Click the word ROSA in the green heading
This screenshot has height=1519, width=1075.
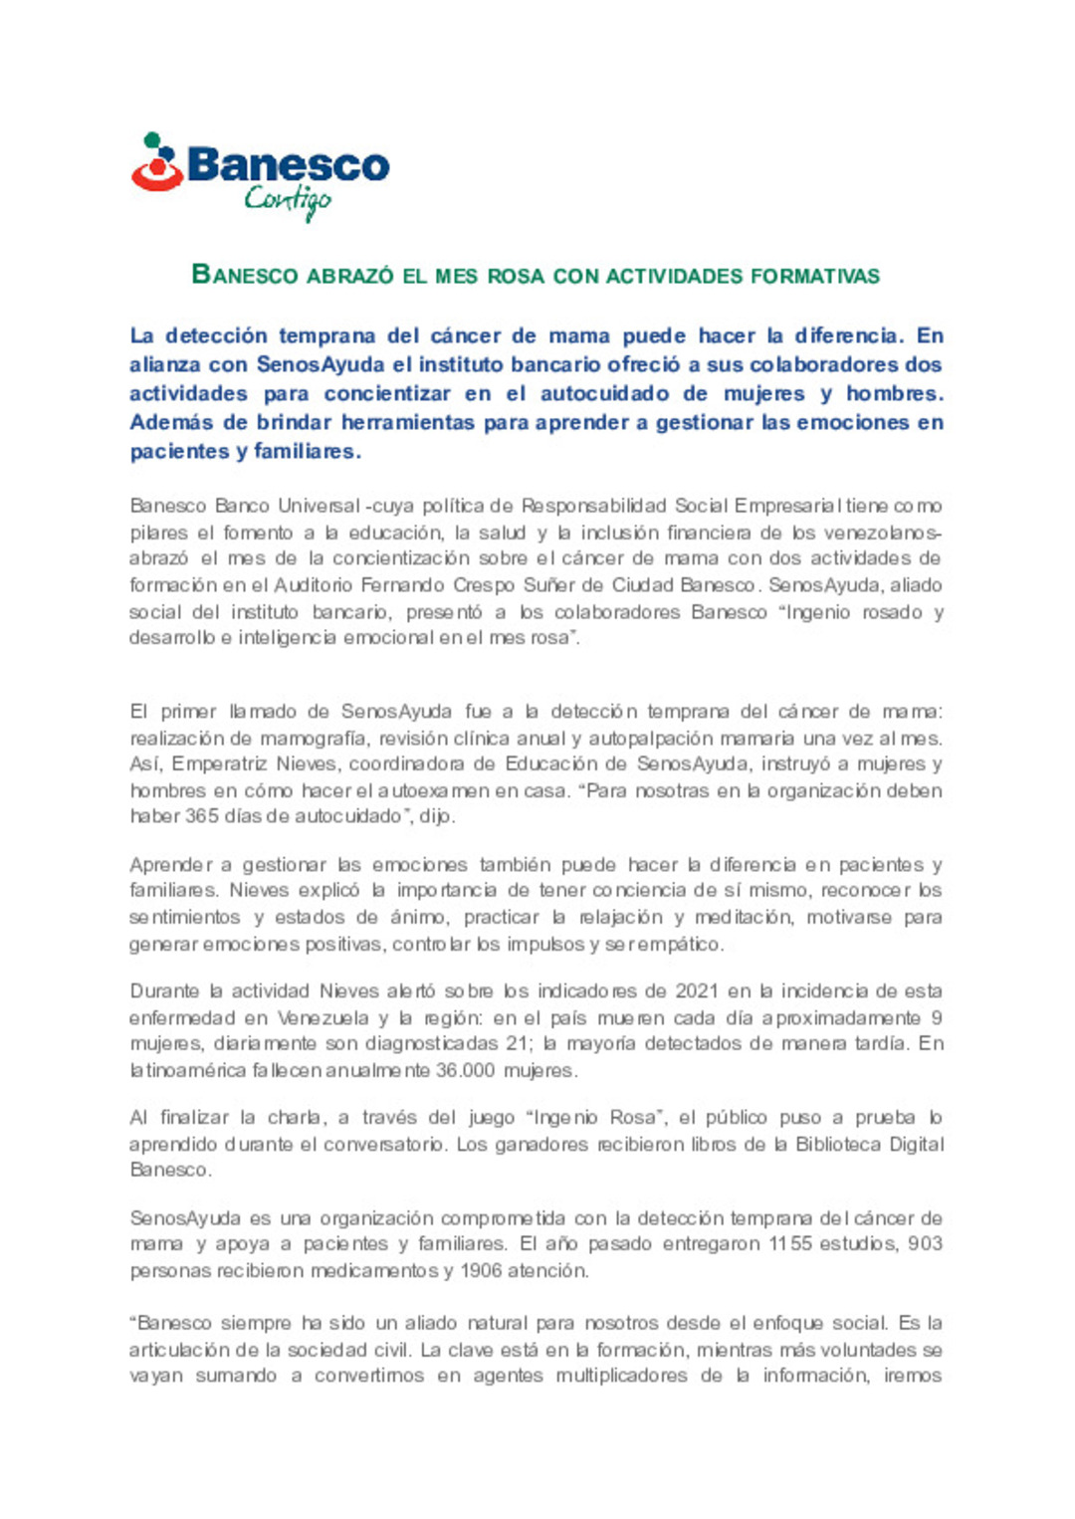pos(516,276)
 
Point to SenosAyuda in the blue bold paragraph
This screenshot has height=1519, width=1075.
pos(321,364)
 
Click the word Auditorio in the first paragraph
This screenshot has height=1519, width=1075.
pos(314,585)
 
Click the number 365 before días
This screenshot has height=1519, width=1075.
pos(201,816)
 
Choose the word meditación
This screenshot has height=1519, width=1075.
pos(744,917)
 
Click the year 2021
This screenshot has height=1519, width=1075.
pos(697,991)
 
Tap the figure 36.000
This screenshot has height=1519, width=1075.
pos(463,1071)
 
